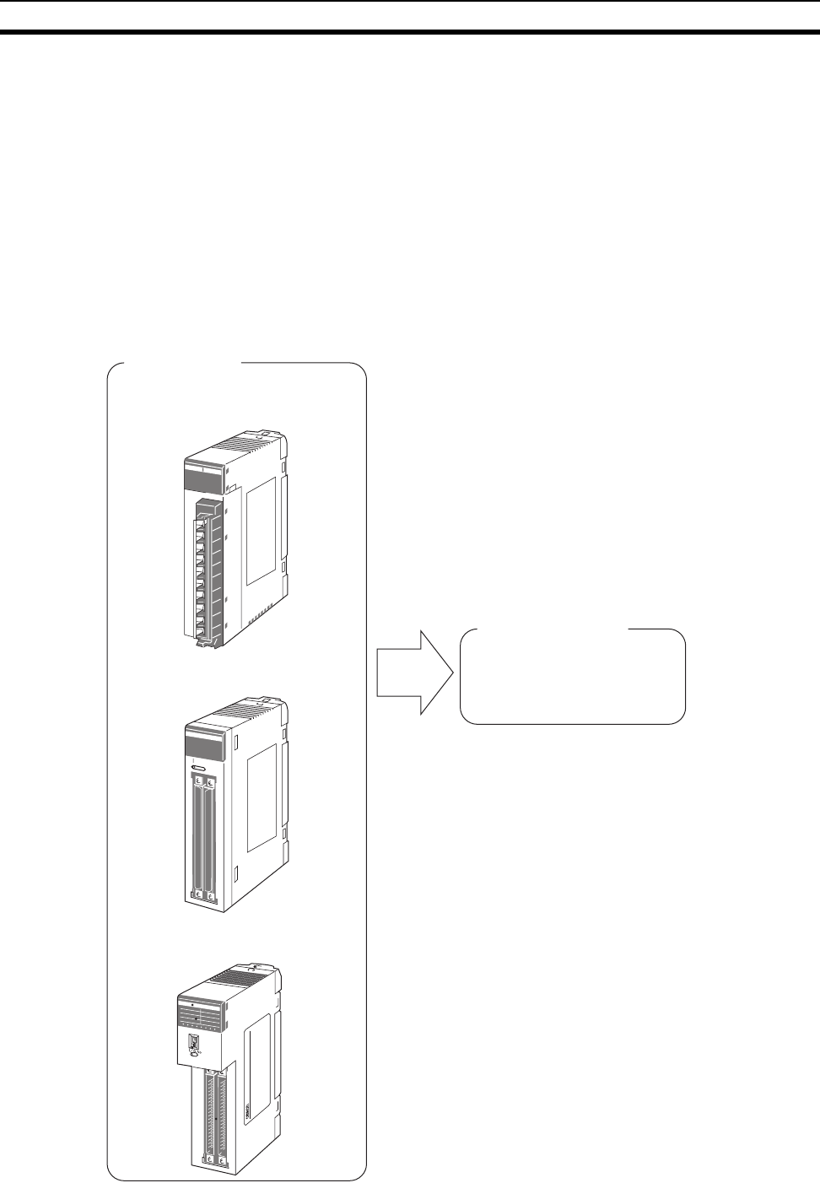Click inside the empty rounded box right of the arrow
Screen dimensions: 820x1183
(572, 677)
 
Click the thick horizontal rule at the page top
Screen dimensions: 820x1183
(410, 33)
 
